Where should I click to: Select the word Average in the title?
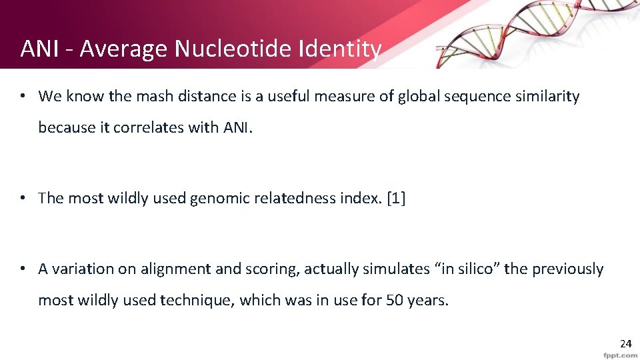[x=125, y=49]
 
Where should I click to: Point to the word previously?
[x=569, y=269]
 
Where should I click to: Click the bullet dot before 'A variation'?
[x=23, y=269]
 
